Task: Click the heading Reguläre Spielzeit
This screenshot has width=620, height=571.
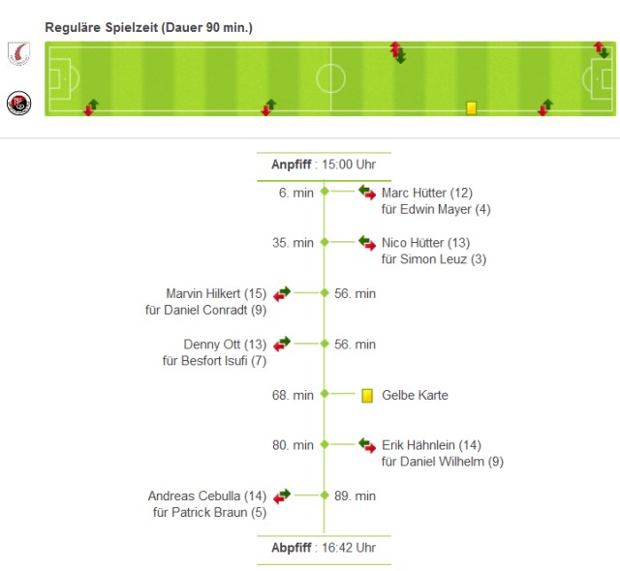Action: [148, 27]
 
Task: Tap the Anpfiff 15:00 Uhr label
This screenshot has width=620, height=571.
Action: [324, 165]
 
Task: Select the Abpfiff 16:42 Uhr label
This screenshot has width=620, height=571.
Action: [324, 547]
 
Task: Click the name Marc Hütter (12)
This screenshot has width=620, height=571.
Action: [427, 193]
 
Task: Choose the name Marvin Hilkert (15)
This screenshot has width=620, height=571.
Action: [216, 293]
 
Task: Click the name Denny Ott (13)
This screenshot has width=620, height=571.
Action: [225, 344]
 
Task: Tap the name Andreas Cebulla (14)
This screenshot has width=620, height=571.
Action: [207, 496]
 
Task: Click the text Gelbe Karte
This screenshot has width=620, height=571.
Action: [416, 395]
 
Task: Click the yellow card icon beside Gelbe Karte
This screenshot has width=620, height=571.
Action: [367, 395]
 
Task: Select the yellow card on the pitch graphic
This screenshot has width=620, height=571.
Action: [472, 108]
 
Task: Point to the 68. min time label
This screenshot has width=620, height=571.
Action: [293, 395]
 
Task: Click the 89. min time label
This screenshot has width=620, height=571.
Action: [355, 496]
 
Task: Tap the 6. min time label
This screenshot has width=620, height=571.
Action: [295, 193]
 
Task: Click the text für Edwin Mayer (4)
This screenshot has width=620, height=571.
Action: [437, 209]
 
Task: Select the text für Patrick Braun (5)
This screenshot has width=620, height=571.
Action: [209, 512]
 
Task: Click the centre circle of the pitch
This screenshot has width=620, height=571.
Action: [331, 77]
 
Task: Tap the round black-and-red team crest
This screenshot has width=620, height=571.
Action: [18, 104]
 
